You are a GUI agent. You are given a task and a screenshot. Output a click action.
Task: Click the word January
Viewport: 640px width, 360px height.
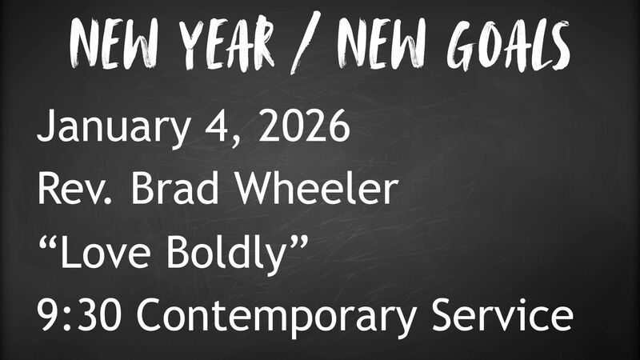pos(105,129)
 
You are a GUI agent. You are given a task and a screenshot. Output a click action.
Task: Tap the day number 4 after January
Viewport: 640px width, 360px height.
pos(206,128)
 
